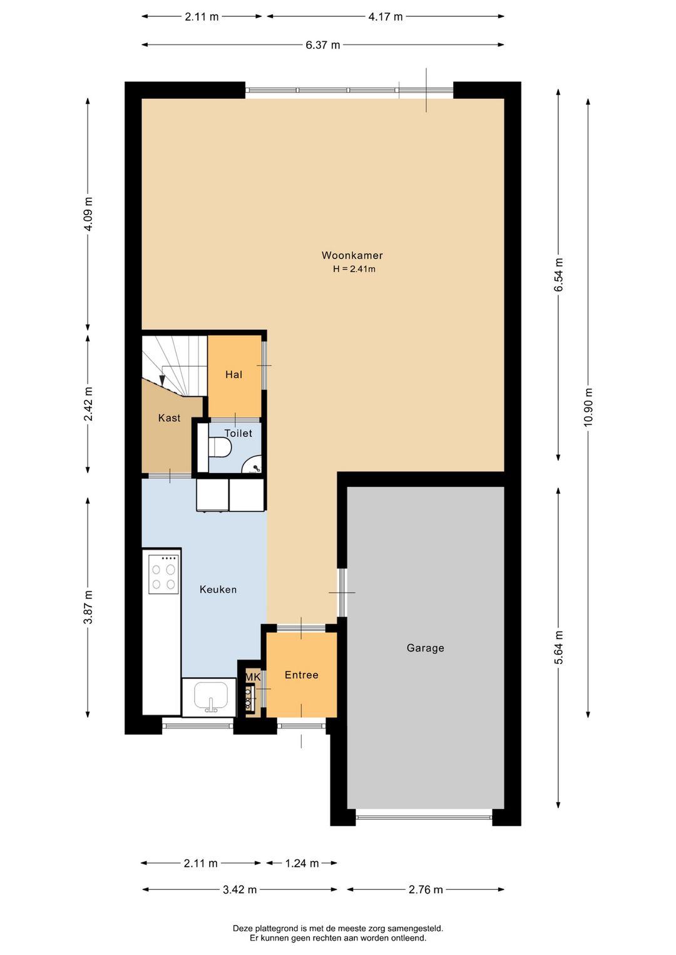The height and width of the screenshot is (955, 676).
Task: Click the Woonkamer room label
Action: (x=352, y=255)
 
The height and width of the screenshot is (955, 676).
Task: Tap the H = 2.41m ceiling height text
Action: (x=354, y=269)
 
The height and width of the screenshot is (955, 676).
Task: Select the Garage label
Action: (x=425, y=648)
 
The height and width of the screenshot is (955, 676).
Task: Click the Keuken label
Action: (x=218, y=590)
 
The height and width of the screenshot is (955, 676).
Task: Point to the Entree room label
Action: (x=302, y=675)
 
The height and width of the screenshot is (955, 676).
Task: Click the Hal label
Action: (x=233, y=375)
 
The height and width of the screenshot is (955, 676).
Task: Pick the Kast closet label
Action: (x=170, y=418)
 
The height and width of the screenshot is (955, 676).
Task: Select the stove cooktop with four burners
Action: (x=164, y=574)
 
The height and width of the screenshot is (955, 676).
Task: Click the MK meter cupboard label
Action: (x=252, y=677)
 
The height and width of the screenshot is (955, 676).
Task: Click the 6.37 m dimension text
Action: (x=323, y=45)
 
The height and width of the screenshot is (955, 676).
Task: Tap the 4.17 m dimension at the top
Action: (x=386, y=17)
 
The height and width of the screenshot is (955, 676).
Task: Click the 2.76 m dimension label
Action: (x=426, y=890)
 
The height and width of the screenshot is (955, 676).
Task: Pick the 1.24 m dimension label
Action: (x=302, y=864)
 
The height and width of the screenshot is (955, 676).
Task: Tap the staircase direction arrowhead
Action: (x=162, y=380)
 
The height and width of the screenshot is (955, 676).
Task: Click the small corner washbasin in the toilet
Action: (x=253, y=465)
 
